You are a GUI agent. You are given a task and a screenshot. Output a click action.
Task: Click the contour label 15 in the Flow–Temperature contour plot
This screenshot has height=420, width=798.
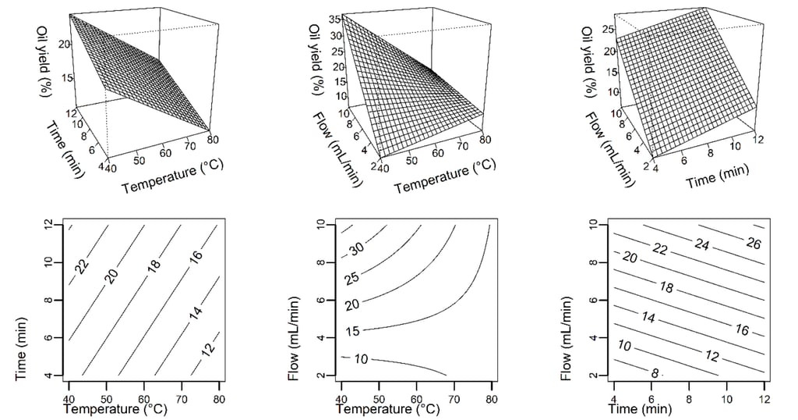(x=352, y=331)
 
